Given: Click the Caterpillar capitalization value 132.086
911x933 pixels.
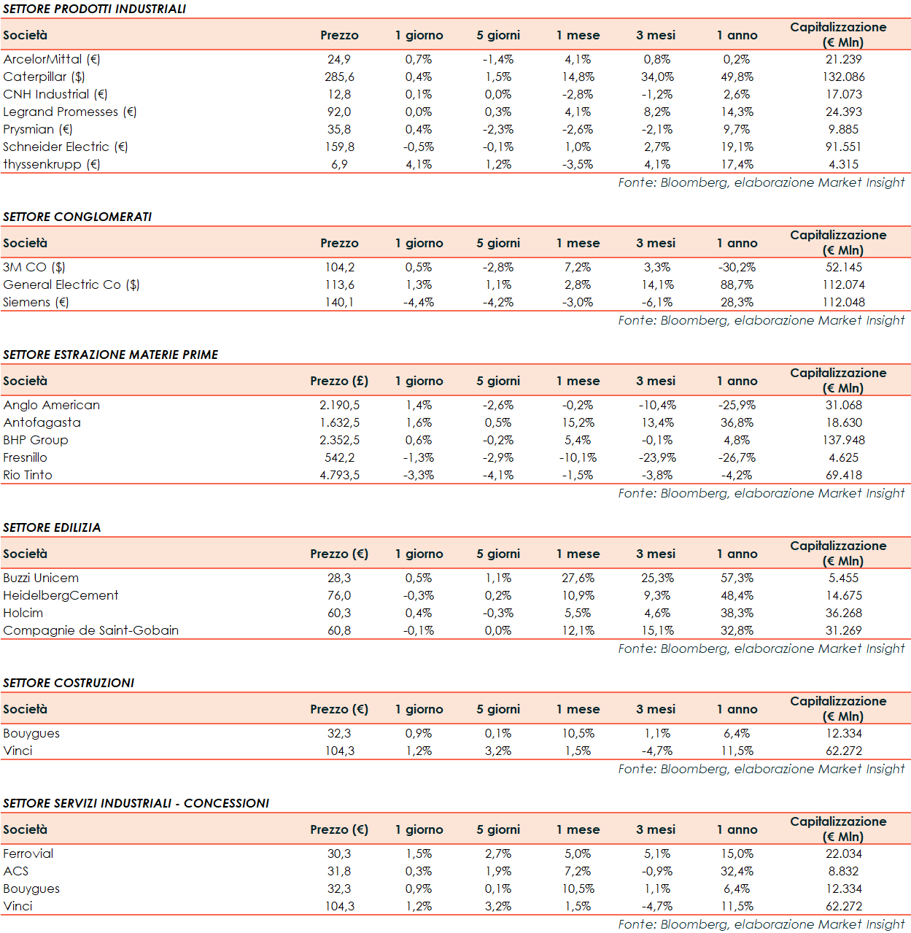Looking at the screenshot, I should click(843, 77).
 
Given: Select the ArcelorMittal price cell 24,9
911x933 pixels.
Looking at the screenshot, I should click(339, 59).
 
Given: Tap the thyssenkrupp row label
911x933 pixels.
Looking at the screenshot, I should click(51, 164).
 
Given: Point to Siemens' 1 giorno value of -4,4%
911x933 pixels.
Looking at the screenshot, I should click(419, 302).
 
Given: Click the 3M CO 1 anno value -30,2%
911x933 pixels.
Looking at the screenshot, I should click(737, 267).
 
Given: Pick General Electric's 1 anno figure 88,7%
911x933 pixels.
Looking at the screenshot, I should click(737, 284).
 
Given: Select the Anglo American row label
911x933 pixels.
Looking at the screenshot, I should click(51, 405).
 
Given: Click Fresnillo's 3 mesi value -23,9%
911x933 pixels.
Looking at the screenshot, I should click(657, 457).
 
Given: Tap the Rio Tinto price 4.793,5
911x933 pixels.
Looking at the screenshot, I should click(339, 475).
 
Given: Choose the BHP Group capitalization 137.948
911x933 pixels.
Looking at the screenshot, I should click(843, 440).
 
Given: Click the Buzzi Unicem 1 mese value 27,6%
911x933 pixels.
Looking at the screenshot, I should click(578, 578).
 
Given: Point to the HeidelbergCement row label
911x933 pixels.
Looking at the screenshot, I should click(61, 595).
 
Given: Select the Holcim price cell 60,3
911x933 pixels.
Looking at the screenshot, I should click(339, 613).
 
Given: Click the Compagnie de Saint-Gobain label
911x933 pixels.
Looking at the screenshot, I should click(90, 630).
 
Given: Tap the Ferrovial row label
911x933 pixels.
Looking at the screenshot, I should click(28, 853).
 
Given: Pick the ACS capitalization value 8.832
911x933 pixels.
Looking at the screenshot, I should click(843, 871).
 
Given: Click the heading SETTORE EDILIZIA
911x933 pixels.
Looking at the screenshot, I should click(52, 527).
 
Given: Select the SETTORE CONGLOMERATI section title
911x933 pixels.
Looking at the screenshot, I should click(77, 217).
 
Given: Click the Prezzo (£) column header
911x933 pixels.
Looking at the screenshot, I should click(339, 381).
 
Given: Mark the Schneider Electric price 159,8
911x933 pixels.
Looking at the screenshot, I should click(339, 147).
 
